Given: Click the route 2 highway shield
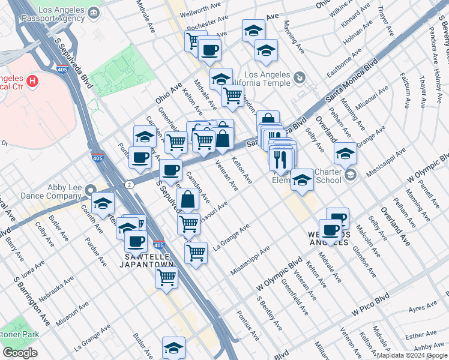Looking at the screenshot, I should pyautogui.click(x=129, y=184).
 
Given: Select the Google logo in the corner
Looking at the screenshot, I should pyautogui.click(x=20, y=352).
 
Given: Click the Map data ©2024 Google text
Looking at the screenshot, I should pyautogui.click(x=411, y=355).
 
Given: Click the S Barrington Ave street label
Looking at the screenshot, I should pyautogui.click(x=35, y=306).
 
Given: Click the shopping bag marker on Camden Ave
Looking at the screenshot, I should pyautogui.click(x=188, y=200).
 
